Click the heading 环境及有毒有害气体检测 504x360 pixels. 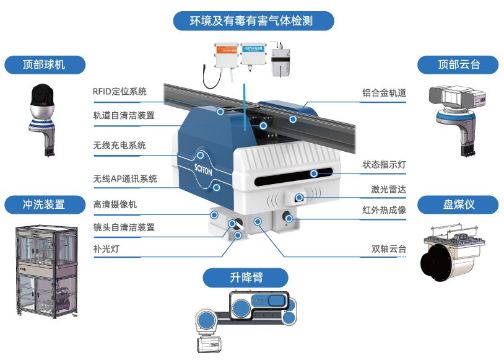pyautogui.click(x=252, y=21)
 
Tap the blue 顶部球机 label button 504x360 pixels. pyautogui.click(x=43, y=64)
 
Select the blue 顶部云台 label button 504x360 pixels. pyautogui.click(x=459, y=64)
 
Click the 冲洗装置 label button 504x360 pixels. pyautogui.click(x=43, y=204)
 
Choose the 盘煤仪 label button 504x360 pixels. pyautogui.click(x=459, y=204)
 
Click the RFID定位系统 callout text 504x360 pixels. pyautogui.click(x=119, y=92)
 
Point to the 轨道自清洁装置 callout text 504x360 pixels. pyautogui.click(x=124, y=115)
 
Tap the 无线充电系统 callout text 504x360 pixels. pyautogui.click(x=119, y=146)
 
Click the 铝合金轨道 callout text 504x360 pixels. pyautogui.click(x=384, y=93)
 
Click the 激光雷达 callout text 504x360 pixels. pyautogui.click(x=388, y=189)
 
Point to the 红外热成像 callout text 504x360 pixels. pyautogui.click(x=384, y=210)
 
